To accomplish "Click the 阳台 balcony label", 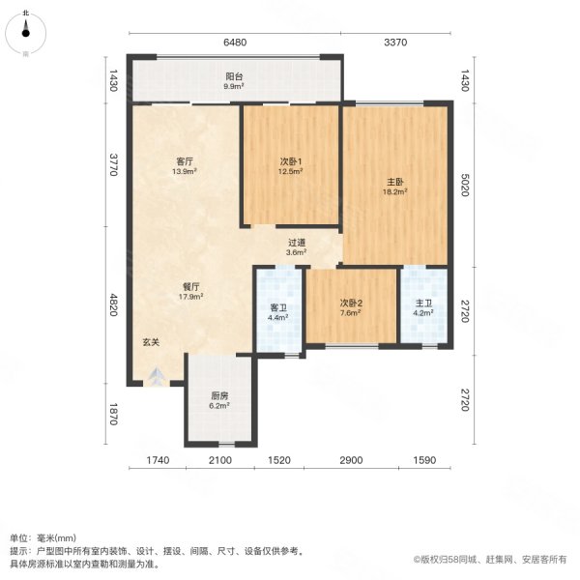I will tap(234, 75).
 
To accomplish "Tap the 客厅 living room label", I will tap(185, 161).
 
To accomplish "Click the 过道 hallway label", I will tap(297, 243).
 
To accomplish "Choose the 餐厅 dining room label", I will tap(190, 285).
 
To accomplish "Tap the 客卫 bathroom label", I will tap(278, 307).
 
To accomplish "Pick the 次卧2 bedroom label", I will tap(350, 303).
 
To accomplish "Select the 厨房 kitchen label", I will tap(220, 395).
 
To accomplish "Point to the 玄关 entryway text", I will tap(151, 341).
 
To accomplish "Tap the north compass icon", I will tap(26, 34).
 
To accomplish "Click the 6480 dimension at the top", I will tap(235, 42).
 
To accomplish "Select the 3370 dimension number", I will tap(397, 42).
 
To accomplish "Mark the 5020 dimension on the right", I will tap(465, 184).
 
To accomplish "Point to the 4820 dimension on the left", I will tap(113, 305).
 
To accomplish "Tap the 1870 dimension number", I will tap(113, 415).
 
